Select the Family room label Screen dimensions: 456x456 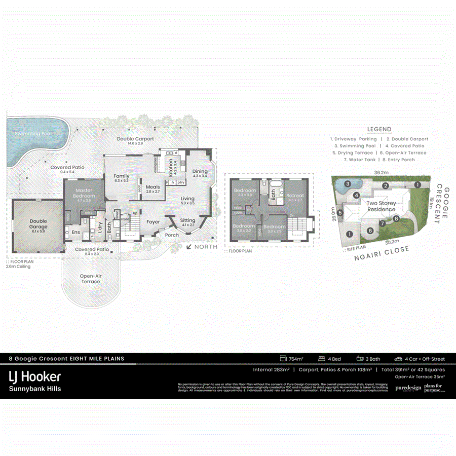[122, 176]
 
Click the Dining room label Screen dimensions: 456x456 [200, 171]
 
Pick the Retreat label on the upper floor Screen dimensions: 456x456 [295, 196]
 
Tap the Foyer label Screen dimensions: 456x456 [153, 222]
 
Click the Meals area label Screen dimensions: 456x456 [153, 187]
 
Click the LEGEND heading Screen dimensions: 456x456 [379, 129]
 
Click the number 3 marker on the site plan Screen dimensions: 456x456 [348, 184]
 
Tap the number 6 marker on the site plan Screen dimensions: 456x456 [370, 231]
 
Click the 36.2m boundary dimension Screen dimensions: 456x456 [381, 172]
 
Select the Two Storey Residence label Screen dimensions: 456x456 [381, 206]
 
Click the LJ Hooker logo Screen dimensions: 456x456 [35, 377]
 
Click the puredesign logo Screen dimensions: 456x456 [408, 388]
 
